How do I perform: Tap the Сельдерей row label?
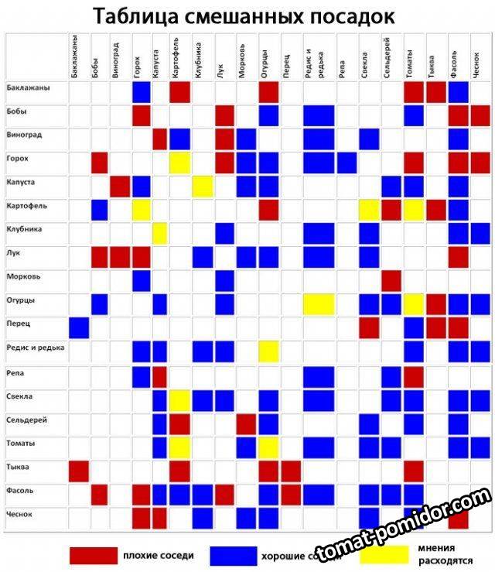[x=26, y=419]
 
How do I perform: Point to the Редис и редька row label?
[x=36, y=348]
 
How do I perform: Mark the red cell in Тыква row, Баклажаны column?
[x=79, y=471]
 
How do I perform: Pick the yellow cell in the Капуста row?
[x=203, y=187]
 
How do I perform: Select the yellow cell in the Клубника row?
[x=159, y=233]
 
